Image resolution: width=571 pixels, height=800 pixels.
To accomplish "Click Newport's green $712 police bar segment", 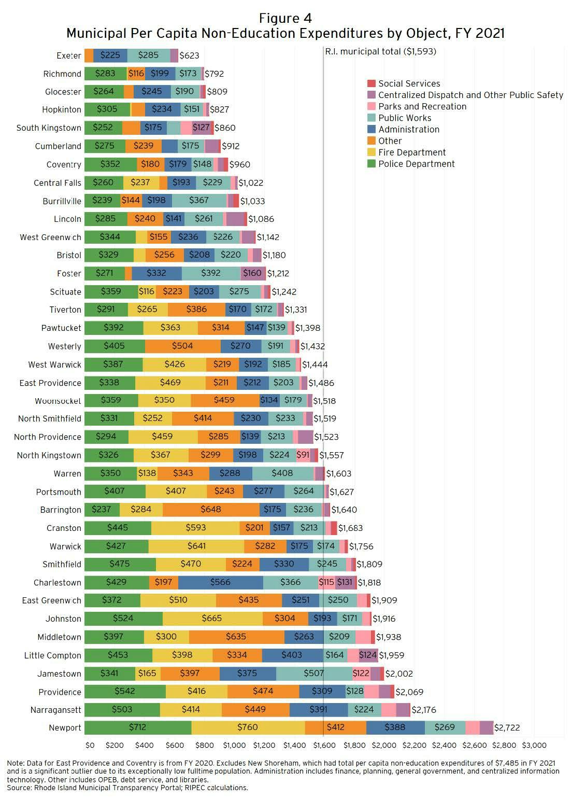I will [137, 727].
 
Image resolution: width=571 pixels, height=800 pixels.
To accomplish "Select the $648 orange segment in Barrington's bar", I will [211, 510].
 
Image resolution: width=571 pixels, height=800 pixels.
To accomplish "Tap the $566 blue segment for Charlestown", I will [220, 582].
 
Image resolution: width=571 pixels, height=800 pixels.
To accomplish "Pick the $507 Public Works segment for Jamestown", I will [313, 673].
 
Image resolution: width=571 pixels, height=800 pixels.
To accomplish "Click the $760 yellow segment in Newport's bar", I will [248, 727].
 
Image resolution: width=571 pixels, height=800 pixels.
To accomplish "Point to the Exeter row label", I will [69, 55].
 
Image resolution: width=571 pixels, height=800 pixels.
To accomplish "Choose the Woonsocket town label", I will [58, 401].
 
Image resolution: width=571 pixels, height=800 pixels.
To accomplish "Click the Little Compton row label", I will [53, 655].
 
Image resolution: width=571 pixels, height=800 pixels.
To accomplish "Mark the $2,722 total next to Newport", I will [507, 728].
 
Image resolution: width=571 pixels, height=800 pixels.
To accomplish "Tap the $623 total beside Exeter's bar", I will [189, 55].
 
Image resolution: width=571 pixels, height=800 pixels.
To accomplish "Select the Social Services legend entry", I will [409, 83].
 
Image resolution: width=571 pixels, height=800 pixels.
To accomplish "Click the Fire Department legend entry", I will [412, 152].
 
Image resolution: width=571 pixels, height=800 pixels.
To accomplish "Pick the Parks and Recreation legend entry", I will [422, 106].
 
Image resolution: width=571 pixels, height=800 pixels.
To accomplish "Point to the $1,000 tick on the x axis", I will [234, 746].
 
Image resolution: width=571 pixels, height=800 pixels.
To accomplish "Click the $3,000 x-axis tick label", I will [534, 746].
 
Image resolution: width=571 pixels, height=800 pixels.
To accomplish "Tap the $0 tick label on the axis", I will [90, 746].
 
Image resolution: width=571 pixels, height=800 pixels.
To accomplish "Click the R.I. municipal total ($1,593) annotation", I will [380, 51].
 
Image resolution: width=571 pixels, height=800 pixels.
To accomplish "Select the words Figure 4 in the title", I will [285, 19].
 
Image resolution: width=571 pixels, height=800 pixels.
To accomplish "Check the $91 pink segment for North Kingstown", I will [303, 455].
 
